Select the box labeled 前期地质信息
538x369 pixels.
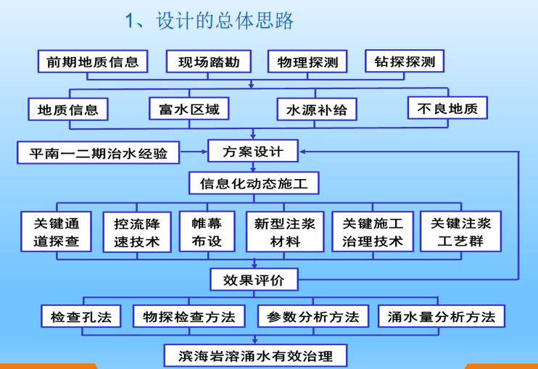pos(92,62)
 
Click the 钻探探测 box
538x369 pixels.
pos(405,62)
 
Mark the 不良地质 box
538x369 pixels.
pos(447,108)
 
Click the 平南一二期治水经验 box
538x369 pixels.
pos(98,153)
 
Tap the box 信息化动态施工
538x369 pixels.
pos(253,184)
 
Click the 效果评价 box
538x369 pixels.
pos(253,278)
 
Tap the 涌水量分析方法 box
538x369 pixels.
pos(442,316)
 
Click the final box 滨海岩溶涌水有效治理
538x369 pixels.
pos(254,355)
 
